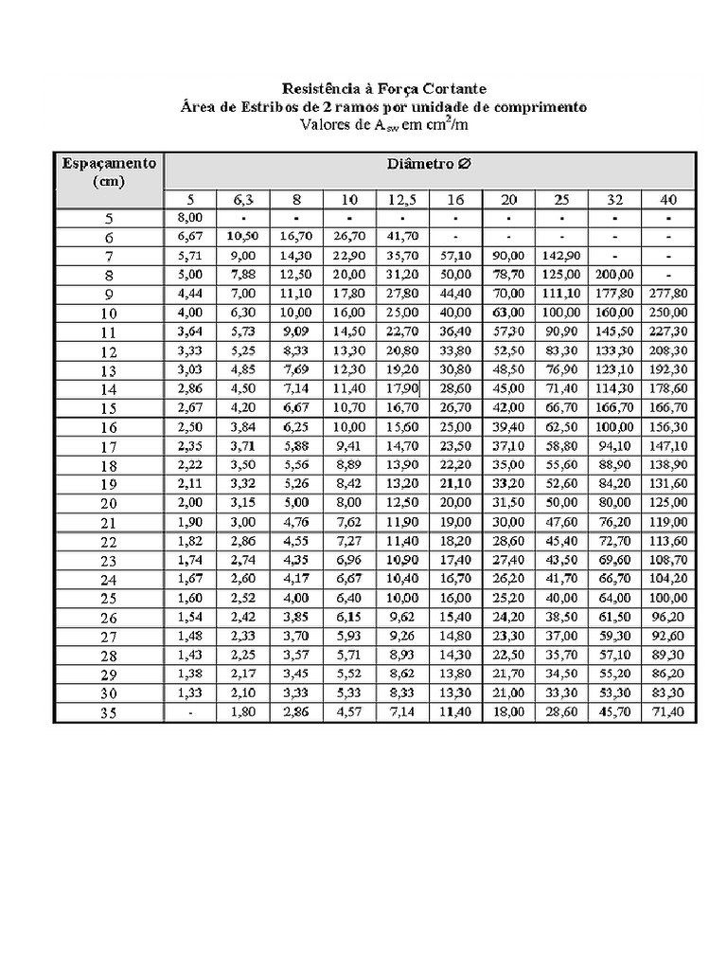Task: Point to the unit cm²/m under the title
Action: point(450,124)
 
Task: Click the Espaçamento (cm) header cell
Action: point(109,172)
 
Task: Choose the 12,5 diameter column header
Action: point(402,199)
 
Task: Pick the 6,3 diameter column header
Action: point(243,199)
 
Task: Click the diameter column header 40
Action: point(668,199)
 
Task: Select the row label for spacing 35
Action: point(108,712)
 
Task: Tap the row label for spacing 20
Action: point(108,503)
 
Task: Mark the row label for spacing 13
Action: point(108,370)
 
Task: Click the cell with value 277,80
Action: point(668,294)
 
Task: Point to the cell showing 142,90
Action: point(561,256)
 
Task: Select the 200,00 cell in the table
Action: point(615,275)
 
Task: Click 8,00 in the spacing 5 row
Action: point(190,218)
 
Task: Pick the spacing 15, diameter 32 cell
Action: point(615,407)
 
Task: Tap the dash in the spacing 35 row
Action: point(190,710)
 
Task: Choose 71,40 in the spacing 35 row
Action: point(668,710)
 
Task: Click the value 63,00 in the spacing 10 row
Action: point(508,313)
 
